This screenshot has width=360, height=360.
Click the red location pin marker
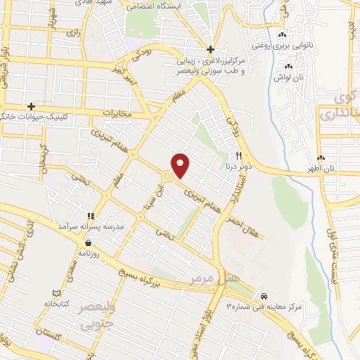pyautogui.click(x=181, y=165)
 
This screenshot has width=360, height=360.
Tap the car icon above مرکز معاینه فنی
pyautogui.click(x=264, y=296)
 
